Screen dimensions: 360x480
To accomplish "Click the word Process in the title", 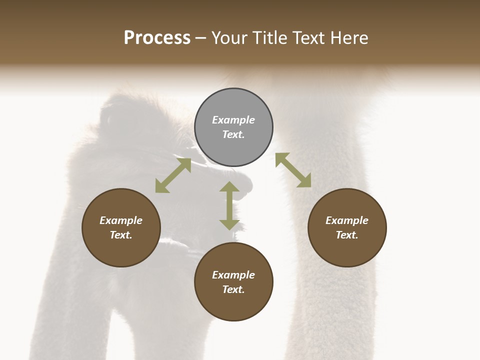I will click(x=157, y=38).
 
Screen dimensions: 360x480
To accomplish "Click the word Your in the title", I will click(x=230, y=38).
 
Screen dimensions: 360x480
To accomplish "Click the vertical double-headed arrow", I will click(x=229, y=205).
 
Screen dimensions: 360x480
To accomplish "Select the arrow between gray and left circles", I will click(x=173, y=175).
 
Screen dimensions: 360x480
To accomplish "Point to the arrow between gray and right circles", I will click(x=293, y=170).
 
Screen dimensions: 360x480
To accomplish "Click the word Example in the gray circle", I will click(x=233, y=120).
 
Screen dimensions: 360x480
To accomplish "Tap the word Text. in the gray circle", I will click(x=233, y=134).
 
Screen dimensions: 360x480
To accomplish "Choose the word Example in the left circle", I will click(x=121, y=220).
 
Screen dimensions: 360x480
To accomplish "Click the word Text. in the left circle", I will click(x=121, y=235).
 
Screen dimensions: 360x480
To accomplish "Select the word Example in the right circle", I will click(x=347, y=220).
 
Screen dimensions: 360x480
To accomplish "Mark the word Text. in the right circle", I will click(x=347, y=235).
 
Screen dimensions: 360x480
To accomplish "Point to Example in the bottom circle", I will click(x=233, y=275).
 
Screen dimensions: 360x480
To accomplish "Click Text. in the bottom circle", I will click(x=233, y=289).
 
